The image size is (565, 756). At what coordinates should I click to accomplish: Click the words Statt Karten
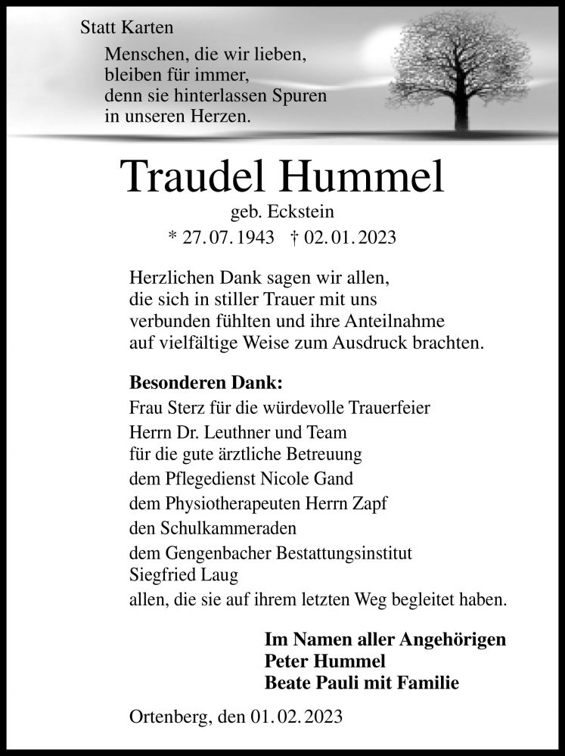[126, 29]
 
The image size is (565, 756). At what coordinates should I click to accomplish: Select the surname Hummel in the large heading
[365, 176]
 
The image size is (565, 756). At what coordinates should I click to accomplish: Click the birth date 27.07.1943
[223, 237]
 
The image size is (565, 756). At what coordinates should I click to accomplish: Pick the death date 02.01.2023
[349, 237]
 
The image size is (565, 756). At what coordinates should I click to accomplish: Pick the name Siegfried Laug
[184, 576]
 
